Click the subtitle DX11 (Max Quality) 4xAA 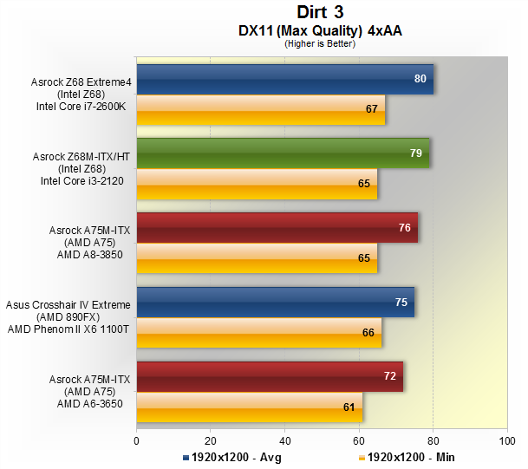click(x=320, y=30)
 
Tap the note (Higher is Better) click(x=320, y=43)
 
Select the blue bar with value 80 click(x=284, y=79)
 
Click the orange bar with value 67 click(x=260, y=110)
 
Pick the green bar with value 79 click(x=283, y=153)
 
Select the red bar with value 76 click(x=277, y=228)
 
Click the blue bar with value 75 click(x=275, y=303)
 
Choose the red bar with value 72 click(x=270, y=377)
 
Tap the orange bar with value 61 click(x=249, y=407)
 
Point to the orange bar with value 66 click(x=258, y=332)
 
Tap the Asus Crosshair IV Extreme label click(x=68, y=305)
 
